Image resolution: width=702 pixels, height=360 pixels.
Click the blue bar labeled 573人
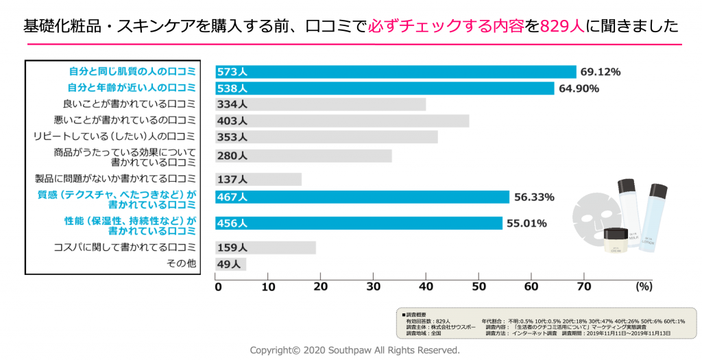[396, 72]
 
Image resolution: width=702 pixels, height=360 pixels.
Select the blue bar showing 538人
[385, 88]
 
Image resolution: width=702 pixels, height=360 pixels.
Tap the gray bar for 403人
[342, 121]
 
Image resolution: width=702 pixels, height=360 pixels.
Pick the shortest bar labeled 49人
[231, 264]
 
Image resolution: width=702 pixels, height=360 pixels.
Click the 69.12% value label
[600, 72]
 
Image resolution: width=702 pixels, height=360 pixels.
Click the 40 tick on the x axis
[426, 287]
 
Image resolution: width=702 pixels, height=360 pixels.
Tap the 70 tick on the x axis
[583, 287]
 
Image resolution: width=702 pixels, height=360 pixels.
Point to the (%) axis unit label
[644, 286]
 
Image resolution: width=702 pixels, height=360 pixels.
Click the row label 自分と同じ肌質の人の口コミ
[132, 72]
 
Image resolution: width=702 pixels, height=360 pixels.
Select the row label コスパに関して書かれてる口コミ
[125, 248]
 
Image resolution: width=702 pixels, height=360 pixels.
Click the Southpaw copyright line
[354, 350]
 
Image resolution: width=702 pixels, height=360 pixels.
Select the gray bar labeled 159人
[266, 248]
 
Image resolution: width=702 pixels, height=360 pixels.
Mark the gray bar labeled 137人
[259, 179]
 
